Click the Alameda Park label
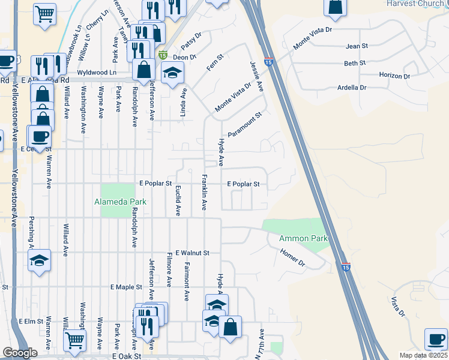click(120, 202)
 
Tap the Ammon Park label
click(304, 238)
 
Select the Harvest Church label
click(415, 4)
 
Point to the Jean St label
click(356, 46)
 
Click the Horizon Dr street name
click(394, 76)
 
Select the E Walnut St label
click(191, 253)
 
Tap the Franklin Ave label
click(204, 192)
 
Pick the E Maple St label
click(125, 287)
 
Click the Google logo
click(20, 353)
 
